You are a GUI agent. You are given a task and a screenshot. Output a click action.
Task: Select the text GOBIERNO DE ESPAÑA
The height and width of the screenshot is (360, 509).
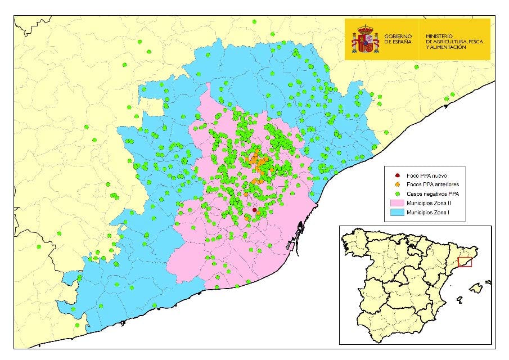click(398, 39)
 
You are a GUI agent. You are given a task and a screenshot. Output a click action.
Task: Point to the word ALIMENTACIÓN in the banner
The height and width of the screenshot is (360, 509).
click(447, 48)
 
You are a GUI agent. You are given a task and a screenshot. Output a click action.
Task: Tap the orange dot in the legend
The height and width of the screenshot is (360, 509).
click(398, 184)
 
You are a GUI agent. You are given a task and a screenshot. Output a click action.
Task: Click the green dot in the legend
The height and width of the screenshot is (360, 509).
click(398, 193)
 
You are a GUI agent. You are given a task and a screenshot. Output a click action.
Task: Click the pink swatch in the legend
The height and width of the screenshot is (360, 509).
click(398, 202)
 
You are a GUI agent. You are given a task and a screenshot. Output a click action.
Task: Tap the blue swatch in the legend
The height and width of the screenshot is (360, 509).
click(398, 212)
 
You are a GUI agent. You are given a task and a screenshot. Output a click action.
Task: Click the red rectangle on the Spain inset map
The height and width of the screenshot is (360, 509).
click(465, 262)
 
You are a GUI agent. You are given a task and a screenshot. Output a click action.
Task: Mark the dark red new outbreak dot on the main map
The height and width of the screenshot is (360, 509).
click(255, 210)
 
